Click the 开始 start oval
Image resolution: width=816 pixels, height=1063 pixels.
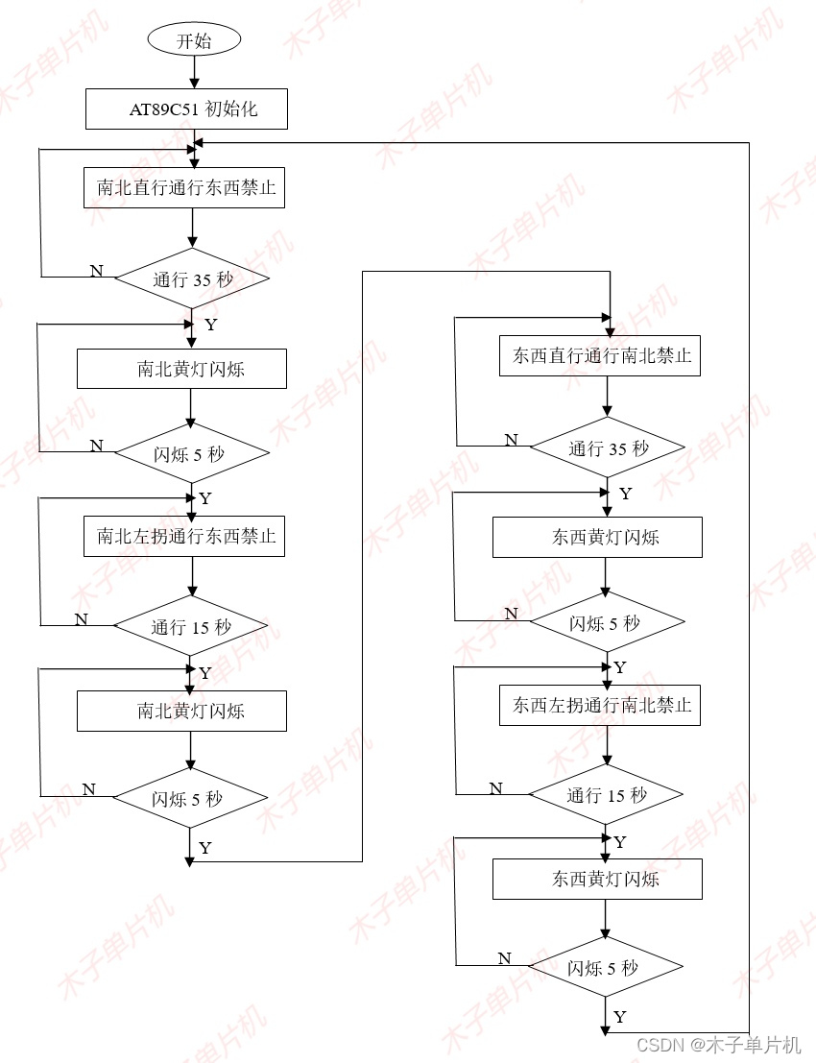click(193, 40)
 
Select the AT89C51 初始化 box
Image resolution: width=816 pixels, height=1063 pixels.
click(186, 109)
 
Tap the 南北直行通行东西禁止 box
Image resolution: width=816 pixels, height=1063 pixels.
click(186, 188)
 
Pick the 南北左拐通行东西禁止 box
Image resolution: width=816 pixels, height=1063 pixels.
click(186, 536)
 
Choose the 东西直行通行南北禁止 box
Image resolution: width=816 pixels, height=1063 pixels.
click(601, 356)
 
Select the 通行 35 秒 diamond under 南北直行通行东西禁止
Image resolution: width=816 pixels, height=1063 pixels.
click(192, 279)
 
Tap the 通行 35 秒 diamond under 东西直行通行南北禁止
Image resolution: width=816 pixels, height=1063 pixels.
click(608, 447)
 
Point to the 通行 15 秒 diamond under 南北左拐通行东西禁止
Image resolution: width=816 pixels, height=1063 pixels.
click(191, 627)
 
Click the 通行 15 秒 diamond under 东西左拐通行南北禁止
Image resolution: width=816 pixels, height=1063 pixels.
click(607, 795)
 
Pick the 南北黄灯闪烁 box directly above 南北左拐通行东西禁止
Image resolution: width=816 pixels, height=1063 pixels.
click(181, 369)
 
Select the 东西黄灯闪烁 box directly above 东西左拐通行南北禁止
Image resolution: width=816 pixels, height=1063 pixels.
click(597, 538)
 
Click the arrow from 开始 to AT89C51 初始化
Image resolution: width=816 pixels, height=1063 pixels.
click(193, 71)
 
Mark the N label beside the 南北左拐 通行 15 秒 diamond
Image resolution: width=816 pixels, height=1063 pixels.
click(82, 619)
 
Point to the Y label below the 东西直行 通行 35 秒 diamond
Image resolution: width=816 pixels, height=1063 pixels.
click(626, 494)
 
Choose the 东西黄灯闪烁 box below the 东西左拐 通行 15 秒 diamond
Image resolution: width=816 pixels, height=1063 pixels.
click(597, 879)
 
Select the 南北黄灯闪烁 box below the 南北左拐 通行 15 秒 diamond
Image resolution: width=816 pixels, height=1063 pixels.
click(181, 712)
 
